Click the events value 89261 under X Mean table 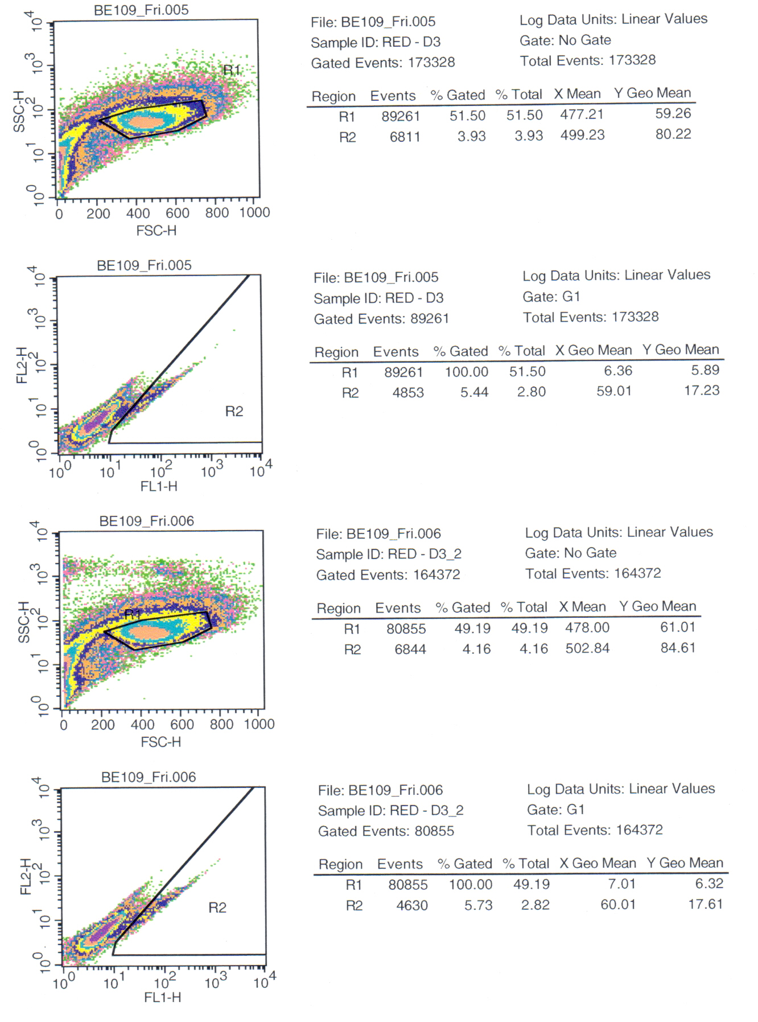pyautogui.click(x=401, y=116)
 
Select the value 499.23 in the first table pyautogui.click(x=582, y=136)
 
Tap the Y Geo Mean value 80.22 pyautogui.click(x=673, y=134)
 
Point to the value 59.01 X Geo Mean pyautogui.click(x=614, y=392)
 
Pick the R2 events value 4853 pyautogui.click(x=408, y=392)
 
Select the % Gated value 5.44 pyautogui.click(x=474, y=392)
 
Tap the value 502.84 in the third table pyautogui.click(x=587, y=649)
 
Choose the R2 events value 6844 pyautogui.click(x=410, y=649)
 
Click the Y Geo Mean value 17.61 pyautogui.click(x=706, y=904)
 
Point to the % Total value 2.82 pyautogui.click(x=535, y=905)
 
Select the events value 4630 pyautogui.click(x=412, y=905)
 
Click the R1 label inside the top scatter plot pyautogui.click(x=232, y=70)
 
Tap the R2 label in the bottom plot pyautogui.click(x=217, y=908)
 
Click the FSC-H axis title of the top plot pyautogui.click(x=156, y=231)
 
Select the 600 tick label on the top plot pyautogui.click(x=178, y=214)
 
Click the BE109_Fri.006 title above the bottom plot pyautogui.click(x=149, y=777)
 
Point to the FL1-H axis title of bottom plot pyautogui.click(x=163, y=997)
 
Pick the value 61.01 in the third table pyautogui.click(x=678, y=627)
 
